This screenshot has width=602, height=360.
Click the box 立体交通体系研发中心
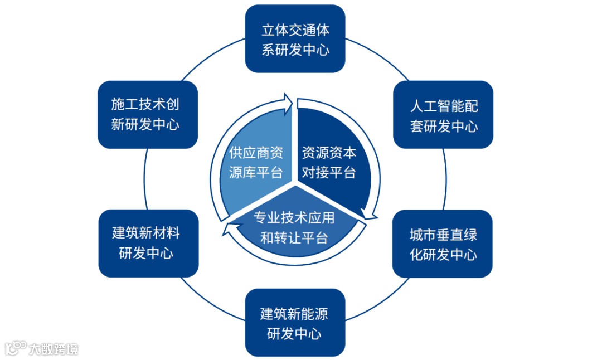(x=295, y=39)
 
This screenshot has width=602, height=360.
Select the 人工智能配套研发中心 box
(x=444, y=115)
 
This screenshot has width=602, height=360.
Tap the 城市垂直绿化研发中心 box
(x=443, y=244)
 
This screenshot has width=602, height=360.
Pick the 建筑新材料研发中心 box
(x=148, y=243)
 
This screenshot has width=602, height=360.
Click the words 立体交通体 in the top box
(x=295, y=30)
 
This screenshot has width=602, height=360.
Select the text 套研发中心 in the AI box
(x=444, y=126)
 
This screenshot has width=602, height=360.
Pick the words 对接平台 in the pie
(x=329, y=172)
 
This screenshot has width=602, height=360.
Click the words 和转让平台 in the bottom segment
(x=294, y=239)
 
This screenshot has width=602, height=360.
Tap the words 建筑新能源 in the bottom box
(x=294, y=314)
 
